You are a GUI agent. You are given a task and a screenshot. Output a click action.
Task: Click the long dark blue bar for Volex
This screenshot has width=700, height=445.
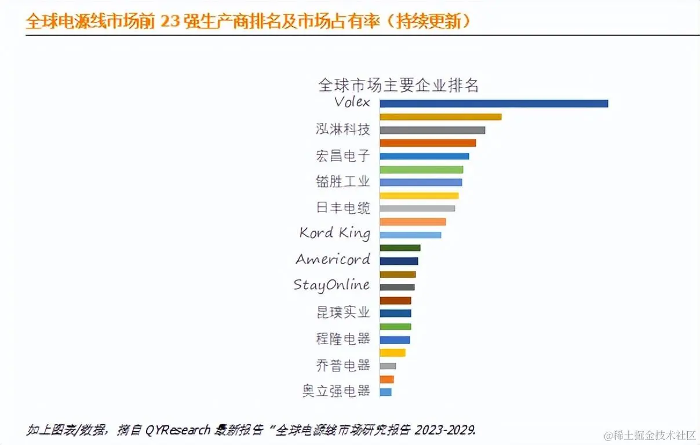coord(494,103)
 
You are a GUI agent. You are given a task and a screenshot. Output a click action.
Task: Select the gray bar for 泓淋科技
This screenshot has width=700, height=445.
coord(432,130)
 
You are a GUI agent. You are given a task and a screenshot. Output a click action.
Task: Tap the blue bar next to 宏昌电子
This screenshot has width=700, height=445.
coord(424,156)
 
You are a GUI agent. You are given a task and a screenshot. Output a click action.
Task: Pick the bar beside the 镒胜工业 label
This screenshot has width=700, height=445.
coord(421,182)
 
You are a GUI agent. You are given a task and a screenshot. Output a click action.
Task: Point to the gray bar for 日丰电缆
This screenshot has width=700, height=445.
coord(417,208)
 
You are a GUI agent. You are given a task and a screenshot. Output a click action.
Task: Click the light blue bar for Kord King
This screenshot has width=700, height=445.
coord(410,235)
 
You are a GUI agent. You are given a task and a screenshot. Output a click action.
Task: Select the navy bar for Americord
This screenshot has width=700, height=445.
coord(399,261)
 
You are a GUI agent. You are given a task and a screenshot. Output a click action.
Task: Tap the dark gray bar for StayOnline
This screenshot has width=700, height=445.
coord(397,287)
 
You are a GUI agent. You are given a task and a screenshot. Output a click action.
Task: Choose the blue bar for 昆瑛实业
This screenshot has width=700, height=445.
coord(395,313)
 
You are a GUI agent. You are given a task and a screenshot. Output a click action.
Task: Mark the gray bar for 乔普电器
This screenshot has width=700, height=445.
coord(388,366)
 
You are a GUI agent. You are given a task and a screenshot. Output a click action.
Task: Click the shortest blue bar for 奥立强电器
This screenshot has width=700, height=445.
coord(385,392)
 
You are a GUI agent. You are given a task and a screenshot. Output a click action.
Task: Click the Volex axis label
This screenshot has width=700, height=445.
coord(352,102)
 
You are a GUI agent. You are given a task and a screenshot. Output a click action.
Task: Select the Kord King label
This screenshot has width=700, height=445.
coord(334,233)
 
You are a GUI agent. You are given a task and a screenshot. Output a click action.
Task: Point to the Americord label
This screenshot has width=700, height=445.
coord(333,259)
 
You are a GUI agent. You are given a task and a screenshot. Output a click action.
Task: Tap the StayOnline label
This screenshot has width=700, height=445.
coord(331,285)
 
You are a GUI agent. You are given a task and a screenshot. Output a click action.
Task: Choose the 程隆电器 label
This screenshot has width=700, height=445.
coord(343,338)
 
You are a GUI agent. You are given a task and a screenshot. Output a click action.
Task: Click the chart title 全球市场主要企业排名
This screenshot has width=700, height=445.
coord(399,85)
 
